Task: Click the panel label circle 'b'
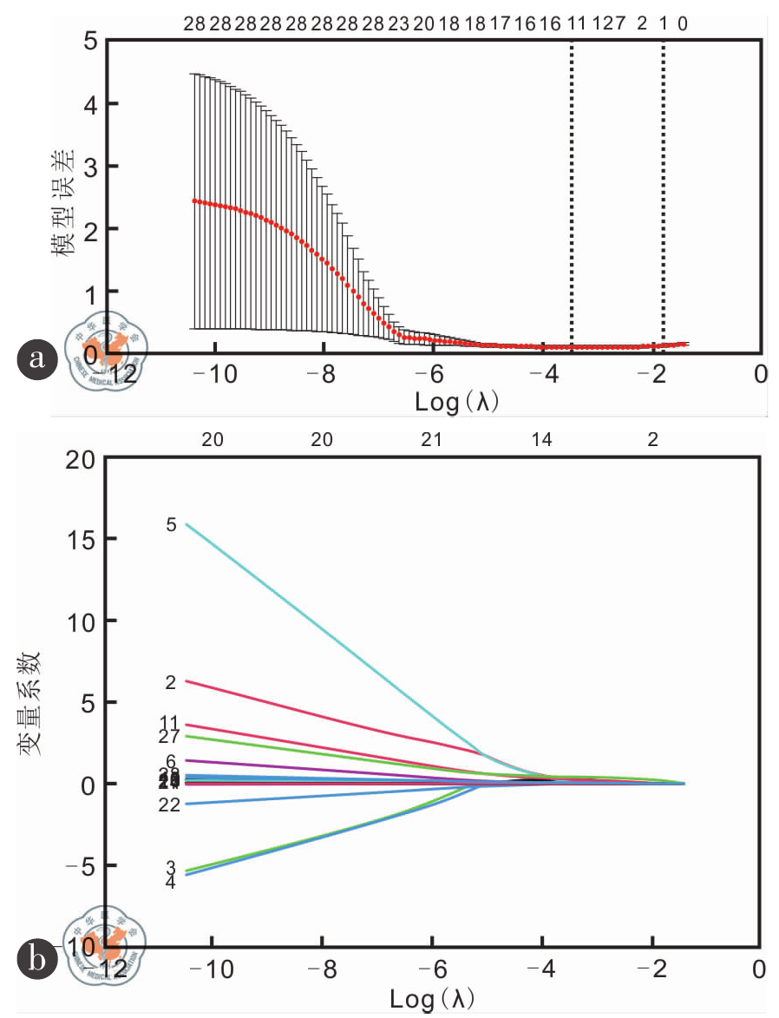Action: [36, 959]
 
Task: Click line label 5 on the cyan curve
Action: [171, 525]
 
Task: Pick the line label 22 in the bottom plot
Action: [169, 805]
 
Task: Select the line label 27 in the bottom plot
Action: [169, 737]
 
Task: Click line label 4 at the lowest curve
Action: [171, 882]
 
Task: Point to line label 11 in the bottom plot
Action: [169, 722]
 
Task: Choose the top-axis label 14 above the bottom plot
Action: [542, 440]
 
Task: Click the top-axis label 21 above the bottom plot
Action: [432, 440]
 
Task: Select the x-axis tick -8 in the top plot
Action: [323, 375]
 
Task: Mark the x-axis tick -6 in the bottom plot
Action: [431, 969]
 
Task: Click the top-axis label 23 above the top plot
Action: [398, 24]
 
